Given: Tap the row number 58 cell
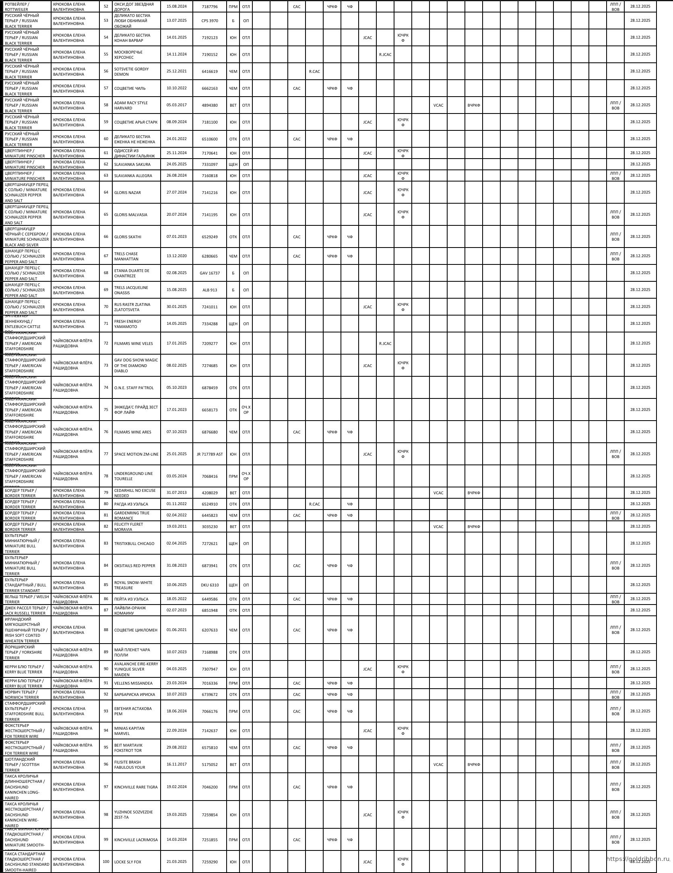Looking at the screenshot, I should point(106,105).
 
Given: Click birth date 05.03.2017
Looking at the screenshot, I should point(176,105).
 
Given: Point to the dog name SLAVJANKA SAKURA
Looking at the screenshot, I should point(132,164).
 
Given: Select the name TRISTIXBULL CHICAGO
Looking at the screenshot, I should point(134,543).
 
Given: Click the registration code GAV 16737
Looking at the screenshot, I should point(209,273).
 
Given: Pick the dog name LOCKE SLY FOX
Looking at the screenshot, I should point(128,862).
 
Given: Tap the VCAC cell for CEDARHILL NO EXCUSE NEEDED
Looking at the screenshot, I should point(438,493).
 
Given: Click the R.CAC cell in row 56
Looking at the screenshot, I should point(314,71).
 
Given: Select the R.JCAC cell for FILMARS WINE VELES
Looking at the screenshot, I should point(385,343).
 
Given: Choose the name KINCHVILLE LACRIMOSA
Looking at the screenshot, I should point(136,840).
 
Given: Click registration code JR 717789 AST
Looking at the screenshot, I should point(209,454).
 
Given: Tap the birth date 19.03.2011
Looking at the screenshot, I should point(176,526).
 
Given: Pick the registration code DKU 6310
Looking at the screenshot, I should point(209,585).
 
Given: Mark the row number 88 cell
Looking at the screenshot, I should point(106,630).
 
